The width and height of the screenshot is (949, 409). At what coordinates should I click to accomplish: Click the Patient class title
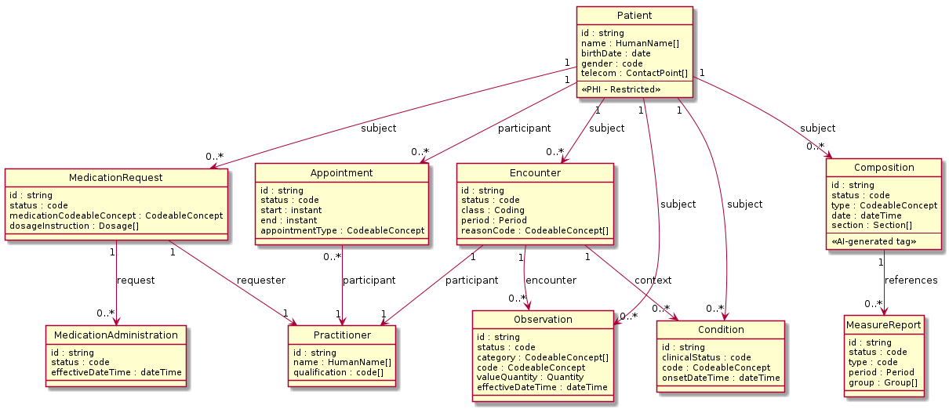tap(634, 15)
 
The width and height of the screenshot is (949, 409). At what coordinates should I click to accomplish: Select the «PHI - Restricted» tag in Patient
tap(620, 89)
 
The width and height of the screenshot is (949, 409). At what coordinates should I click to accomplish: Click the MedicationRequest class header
tap(116, 177)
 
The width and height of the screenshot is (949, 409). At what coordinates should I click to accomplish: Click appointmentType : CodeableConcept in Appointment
tap(342, 230)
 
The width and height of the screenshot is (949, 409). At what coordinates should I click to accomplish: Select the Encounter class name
tap(534, 173)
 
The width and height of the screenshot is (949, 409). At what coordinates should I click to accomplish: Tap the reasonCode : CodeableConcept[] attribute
tap(535, 230)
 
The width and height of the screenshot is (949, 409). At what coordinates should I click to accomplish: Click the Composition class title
tap(883, 168)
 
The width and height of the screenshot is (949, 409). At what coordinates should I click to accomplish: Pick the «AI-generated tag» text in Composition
tap(873, 242)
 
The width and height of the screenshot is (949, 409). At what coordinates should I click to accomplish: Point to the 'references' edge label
tap(911, 280)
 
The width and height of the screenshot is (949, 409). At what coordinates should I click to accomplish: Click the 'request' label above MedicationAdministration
tap(136, 280)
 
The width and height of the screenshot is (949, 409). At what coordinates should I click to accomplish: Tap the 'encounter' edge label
tap(552, 279)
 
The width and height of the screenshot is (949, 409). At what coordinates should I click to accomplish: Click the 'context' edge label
tap(653, 279)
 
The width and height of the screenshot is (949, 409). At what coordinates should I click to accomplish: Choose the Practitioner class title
tap(342, 335)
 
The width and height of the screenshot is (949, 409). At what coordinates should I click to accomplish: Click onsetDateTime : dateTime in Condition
tap(721, 378)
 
